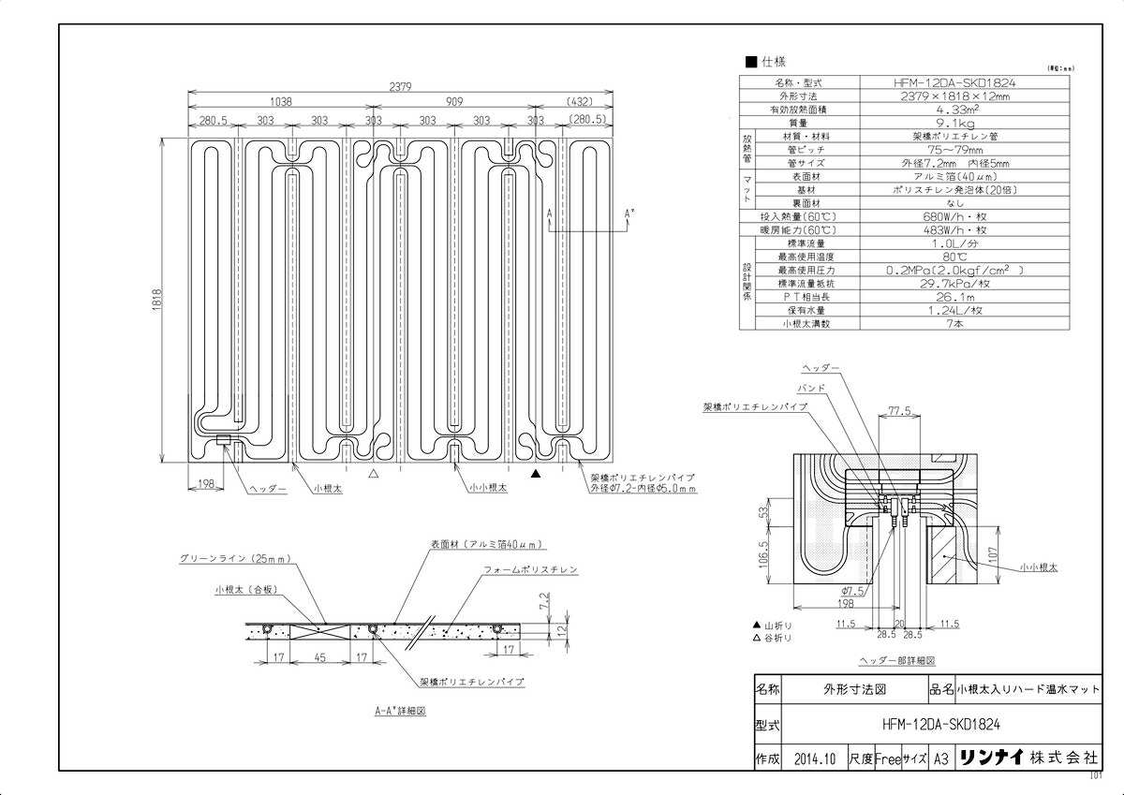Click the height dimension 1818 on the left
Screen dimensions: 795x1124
[158, 299]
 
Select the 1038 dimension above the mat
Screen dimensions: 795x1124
[280, 100]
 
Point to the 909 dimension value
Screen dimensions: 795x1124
[454, 100]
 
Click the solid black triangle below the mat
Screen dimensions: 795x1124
[536, 475]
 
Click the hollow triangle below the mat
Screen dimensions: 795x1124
[374, 475]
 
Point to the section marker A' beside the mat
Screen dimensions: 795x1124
[629, 213]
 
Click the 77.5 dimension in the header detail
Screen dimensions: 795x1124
[900, 411]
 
